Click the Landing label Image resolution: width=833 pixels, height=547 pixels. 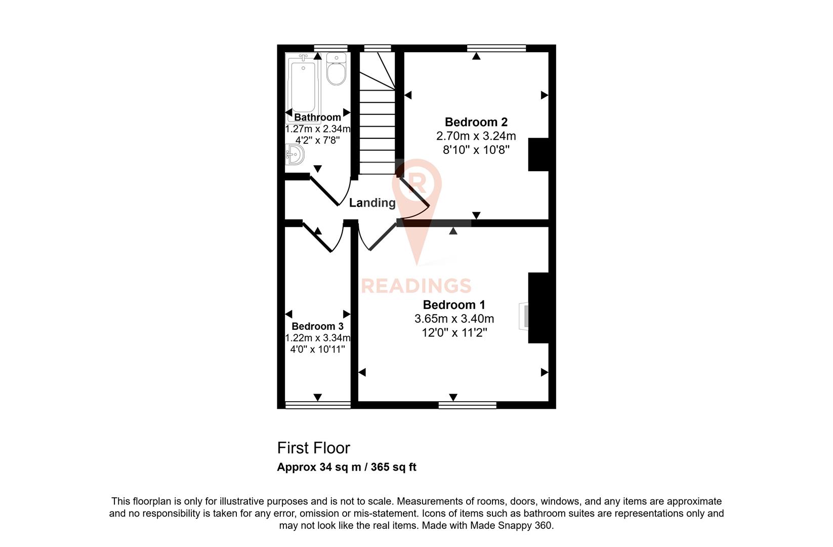372,203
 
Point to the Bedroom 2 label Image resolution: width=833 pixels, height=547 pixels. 476,122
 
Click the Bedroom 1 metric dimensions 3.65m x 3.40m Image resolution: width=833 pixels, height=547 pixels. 454,319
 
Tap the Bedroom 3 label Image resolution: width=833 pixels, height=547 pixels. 317,326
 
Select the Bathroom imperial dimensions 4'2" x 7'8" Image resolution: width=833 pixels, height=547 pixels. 317,140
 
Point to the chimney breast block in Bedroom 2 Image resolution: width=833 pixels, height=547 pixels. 538,154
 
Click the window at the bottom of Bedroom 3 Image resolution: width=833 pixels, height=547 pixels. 318,404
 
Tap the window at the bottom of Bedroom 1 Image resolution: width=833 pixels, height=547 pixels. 467,404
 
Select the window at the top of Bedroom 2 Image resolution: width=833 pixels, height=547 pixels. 496,48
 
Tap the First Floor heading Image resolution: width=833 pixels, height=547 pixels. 313,448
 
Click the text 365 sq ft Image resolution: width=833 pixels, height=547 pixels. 393,467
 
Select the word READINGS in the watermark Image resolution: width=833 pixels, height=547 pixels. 416,286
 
